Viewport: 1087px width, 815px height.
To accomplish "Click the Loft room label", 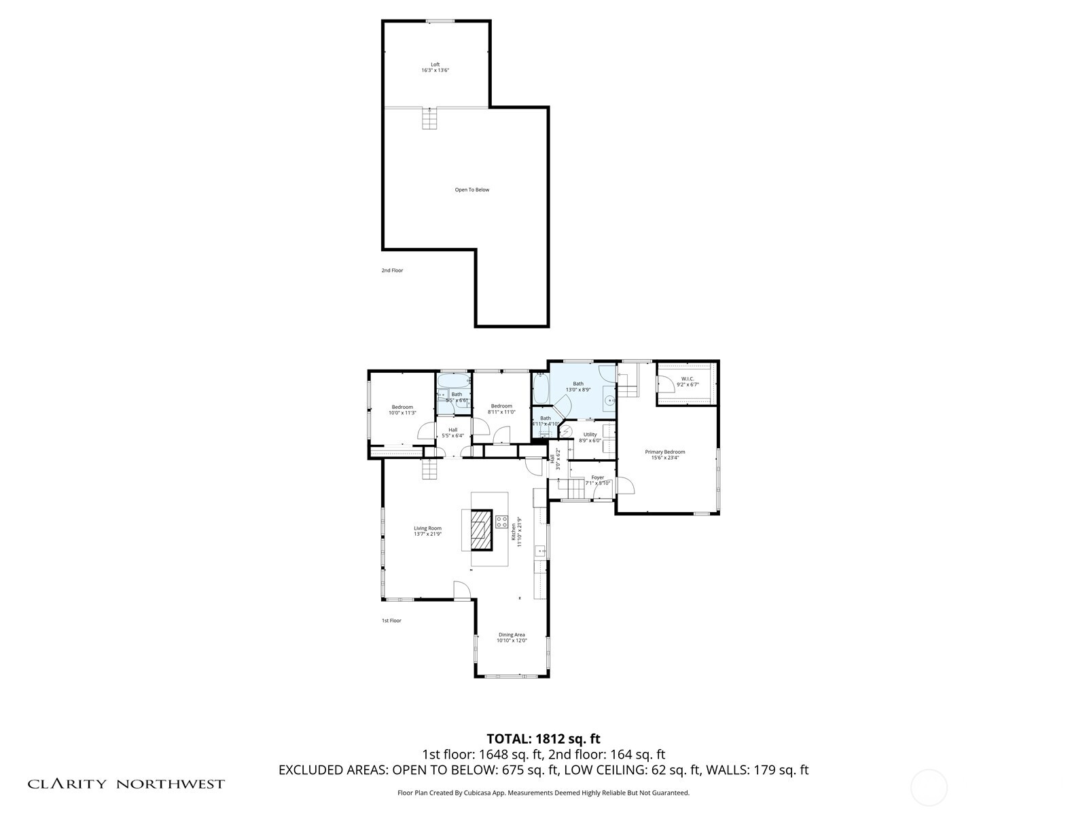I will point(435,65).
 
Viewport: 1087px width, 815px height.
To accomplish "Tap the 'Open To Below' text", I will point(471,190).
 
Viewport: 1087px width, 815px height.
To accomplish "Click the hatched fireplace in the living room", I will point(482,530).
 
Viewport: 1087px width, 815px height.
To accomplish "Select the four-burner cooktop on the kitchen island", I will point(501,522).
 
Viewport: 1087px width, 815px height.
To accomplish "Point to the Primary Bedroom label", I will point(664,452).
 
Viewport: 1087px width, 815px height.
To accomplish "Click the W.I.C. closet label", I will point(687,379).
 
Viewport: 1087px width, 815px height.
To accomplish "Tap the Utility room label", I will point(590,435).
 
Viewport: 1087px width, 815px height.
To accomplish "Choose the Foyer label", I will point(597,477).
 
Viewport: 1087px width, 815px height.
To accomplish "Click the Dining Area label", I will point(511,635).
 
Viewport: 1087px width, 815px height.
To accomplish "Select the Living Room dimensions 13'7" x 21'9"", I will point(428,535).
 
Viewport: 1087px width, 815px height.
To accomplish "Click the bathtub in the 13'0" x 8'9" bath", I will point(541,389).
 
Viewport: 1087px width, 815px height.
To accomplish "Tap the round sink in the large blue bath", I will point(609,401).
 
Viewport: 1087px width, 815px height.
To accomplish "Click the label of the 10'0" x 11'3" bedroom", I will point(402,407).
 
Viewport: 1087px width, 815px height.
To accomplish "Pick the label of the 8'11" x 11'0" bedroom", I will point(501,406).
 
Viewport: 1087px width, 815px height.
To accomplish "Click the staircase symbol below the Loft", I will point(429,120).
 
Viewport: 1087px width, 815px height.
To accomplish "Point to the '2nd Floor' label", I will point(392,270).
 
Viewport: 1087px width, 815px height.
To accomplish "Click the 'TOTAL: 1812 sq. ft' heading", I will point(543,738).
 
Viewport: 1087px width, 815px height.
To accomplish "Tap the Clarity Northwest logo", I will point(126,784).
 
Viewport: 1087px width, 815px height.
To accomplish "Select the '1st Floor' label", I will point(391,621).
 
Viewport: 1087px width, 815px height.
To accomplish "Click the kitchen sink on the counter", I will point(541,551).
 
